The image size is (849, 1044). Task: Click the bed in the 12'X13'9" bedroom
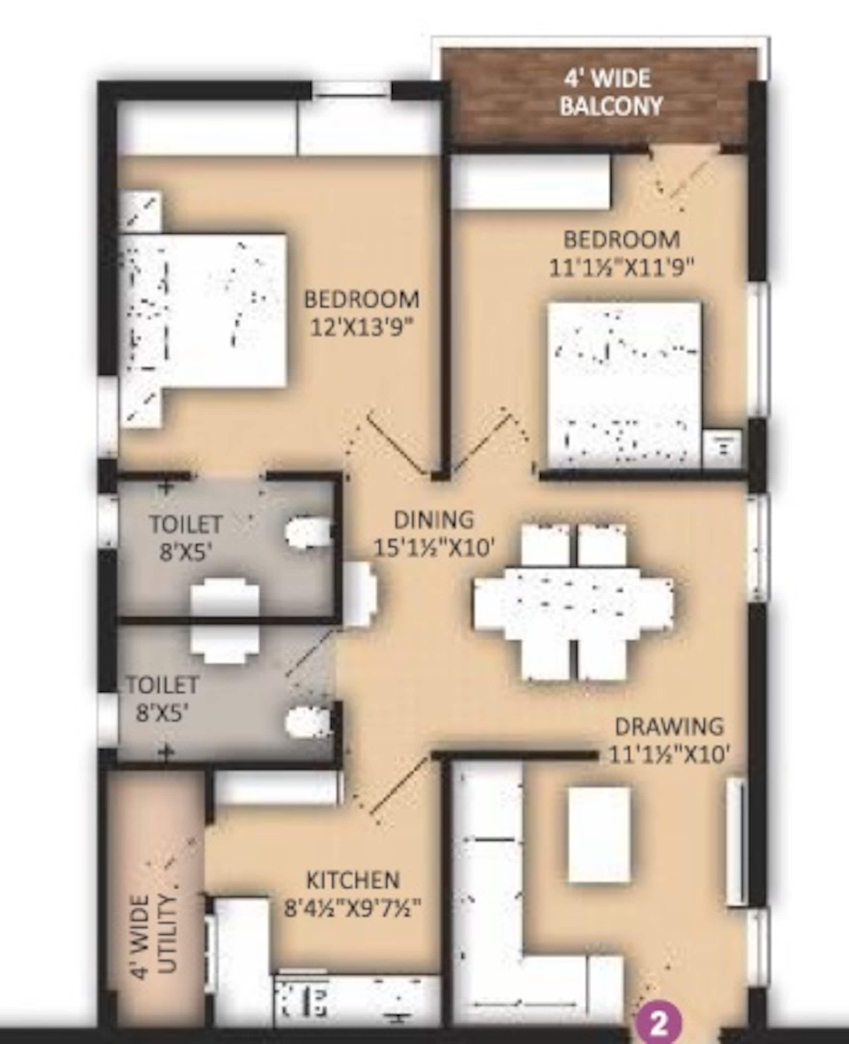coord(203,310)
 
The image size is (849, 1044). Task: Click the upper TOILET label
coord(186,525)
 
